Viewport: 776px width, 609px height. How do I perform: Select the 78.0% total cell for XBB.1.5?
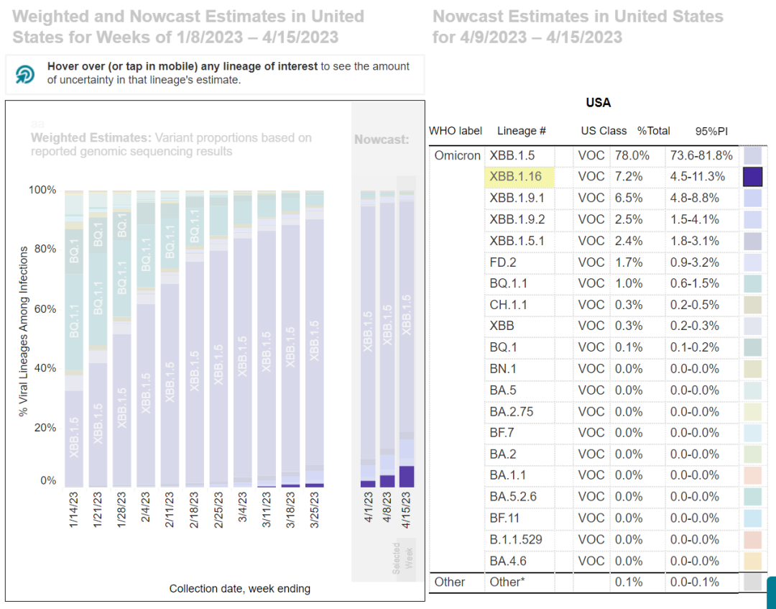pos(631,155)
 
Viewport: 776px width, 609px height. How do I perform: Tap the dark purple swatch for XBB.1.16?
pos(752,177)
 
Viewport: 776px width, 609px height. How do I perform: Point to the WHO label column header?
pos(456,131)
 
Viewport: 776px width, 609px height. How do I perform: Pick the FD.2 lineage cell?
pos(503,262)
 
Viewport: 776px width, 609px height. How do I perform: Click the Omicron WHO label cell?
pos(457,155)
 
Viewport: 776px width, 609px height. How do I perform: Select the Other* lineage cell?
pos(507,582)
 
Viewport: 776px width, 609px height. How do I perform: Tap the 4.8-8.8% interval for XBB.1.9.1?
pos(709,198)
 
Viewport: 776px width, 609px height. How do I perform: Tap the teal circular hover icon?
pos(25,74)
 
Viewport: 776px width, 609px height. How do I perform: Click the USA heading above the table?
pos(598,103)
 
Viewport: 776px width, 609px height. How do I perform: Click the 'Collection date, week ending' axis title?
pos(240,589)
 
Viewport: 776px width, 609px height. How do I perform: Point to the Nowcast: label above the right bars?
pos(382,139)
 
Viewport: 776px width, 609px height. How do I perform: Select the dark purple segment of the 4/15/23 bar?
pos(407,476)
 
